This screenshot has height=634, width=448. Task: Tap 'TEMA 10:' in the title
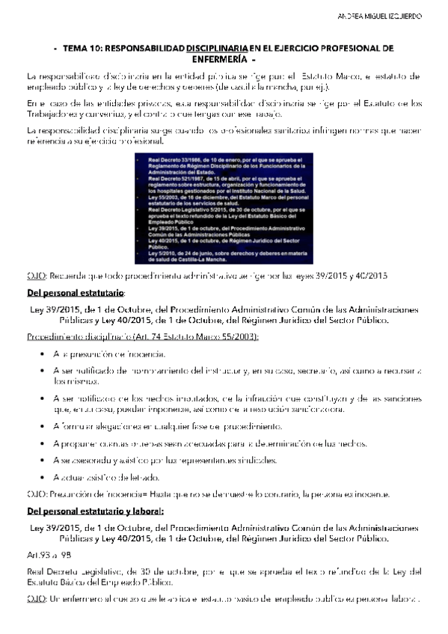(80, 48)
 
